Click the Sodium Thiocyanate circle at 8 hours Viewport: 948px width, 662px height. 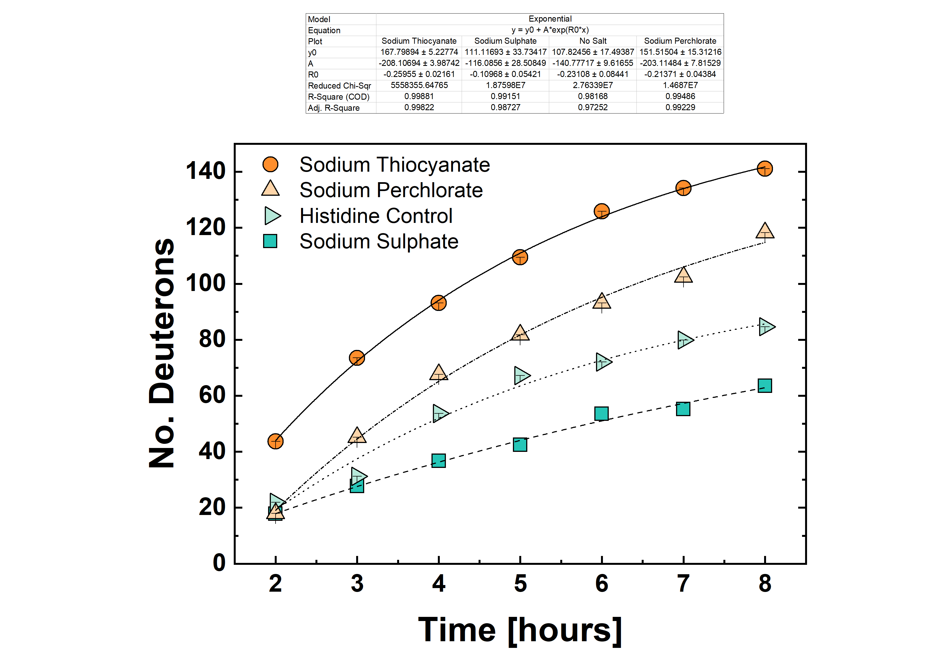[x=765, y=168]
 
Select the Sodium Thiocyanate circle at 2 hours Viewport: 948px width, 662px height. [x=275, y=441]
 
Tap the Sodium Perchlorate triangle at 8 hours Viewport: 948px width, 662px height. [x=765, y=231]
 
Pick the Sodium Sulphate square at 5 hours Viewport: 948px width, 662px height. [x=520, y=444]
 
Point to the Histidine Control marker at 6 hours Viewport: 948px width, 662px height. [x=603, y=362]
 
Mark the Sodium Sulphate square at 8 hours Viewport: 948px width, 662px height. [x=765, y=385]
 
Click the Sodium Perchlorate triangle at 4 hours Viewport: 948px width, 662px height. [x=438, y=372]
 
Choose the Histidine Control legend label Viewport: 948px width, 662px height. [x=376, y=216]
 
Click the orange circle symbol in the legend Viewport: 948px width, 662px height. [x=271, y=164]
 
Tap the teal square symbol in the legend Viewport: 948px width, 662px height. [x=270, y=241]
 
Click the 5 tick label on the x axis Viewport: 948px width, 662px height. [x=520, y=584]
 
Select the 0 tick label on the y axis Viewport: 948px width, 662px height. [x=219, y=563]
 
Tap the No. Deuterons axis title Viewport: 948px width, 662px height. [x=162, y=353]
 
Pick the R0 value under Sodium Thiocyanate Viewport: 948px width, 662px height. [x=419, y=74]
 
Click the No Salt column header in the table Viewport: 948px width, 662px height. [x=593, y=41]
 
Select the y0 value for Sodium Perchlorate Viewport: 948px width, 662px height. [x=680, y=52]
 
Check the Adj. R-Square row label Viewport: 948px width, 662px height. [x=334, y=108]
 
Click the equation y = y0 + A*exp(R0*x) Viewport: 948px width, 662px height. [x=550, y=30]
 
